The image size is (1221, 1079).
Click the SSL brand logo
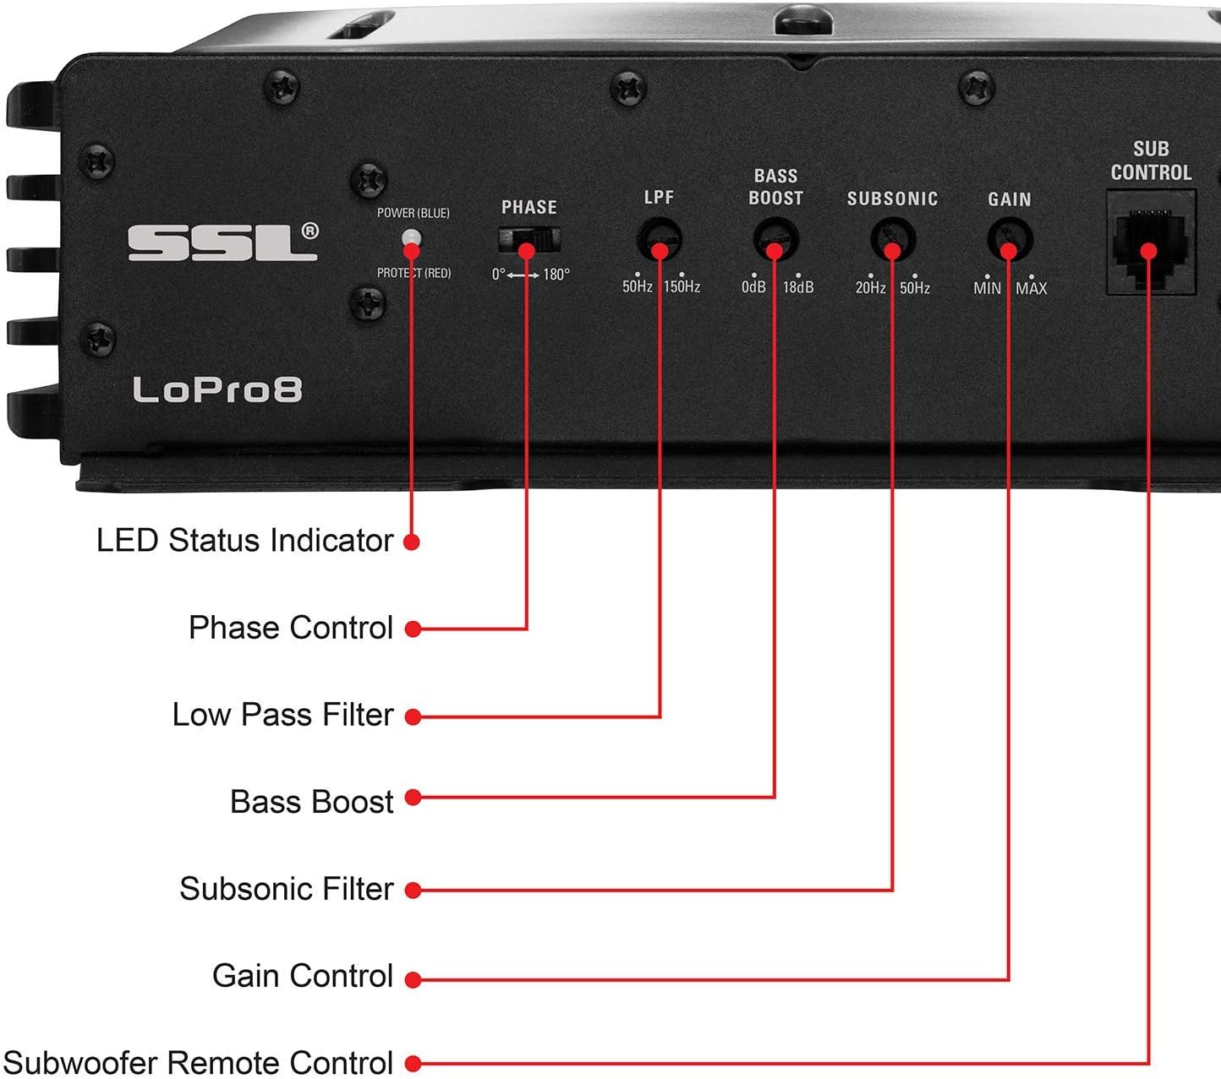click(x=223, y=243)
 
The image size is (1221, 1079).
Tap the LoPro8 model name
click(x=217, y=390)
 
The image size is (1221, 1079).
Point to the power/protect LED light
click(x=411, y=239)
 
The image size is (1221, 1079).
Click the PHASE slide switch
click(x=529, y=241)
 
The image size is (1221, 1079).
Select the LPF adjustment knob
click(x=660, y=240)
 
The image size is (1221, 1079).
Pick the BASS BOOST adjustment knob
click(x=775, y=241)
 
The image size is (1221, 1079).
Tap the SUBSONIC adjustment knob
click(x=893, y=241)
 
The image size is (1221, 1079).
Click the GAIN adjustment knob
click(x=1010, y=241)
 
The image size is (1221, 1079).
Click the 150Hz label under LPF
click(x=682, y=287)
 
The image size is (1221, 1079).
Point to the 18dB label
click(x=798, y=287)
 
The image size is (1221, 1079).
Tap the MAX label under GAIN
click(x=1032, y=289)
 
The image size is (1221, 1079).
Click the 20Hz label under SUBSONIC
click(x=870, y=288)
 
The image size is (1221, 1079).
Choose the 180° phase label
click(x=556, y=275)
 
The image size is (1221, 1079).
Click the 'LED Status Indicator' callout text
click(x=244, y=541)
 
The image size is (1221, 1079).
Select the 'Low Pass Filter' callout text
click(x=282, y=715)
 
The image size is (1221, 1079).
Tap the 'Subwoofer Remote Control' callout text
click(x=198, y=1062)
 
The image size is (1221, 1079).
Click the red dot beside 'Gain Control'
click(x=413, y=980)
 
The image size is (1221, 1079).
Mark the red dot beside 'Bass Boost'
click(x=413, y=798)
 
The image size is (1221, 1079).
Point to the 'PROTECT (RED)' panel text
click(x=413, y=273)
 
